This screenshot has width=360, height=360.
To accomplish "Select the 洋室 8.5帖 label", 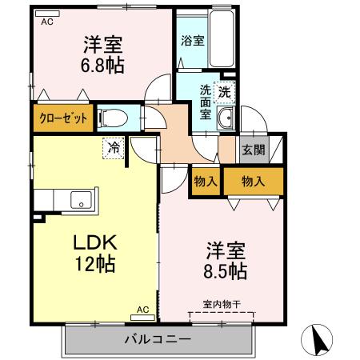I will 223,260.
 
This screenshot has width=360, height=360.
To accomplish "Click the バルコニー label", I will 157,338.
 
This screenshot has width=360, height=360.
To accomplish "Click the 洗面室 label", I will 206,102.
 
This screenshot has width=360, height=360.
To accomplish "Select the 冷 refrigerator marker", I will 114,148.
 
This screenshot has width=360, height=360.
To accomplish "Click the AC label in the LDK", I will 143,309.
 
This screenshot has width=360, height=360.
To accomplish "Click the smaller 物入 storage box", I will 206,182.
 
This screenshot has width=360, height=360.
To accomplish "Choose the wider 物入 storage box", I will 253,182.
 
